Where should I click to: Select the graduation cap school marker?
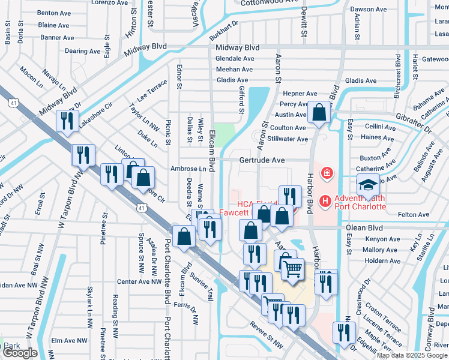368,186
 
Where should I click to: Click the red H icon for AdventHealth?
325,200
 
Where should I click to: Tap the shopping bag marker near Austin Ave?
319,112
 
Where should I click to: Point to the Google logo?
20,353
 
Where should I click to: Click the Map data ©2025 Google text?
412,355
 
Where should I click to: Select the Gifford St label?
242,100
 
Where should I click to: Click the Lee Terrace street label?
152,93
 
